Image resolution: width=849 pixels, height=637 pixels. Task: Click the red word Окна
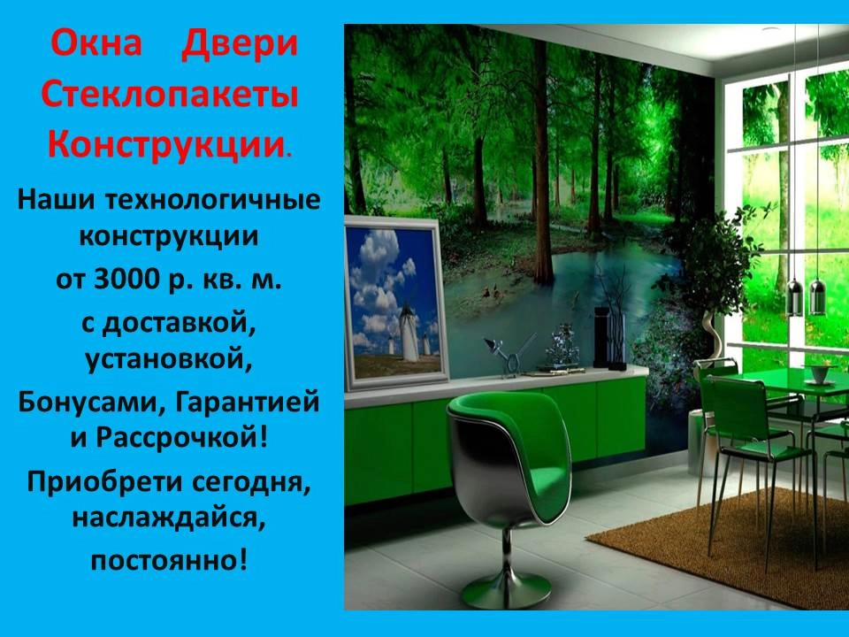pos(96,43)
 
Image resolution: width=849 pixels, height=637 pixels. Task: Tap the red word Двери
pos(240,45)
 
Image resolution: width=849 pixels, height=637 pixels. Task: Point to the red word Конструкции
pos(166,144)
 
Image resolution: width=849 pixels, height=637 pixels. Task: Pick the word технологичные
pos(213,199)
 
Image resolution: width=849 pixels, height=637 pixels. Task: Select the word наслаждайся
pos(169,519)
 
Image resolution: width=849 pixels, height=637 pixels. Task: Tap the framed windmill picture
pos(396,303)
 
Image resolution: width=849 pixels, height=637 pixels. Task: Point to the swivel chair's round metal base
pos(506,591)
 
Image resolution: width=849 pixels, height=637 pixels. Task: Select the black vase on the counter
pos(601,336)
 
